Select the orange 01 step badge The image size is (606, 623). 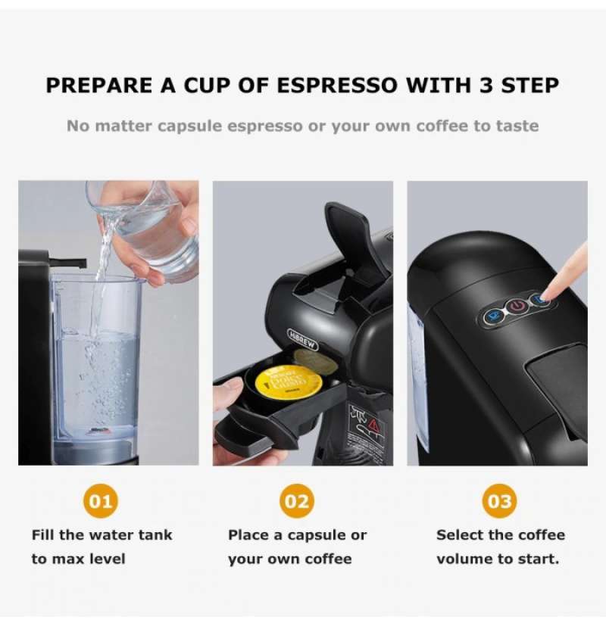click(x=100, y=501)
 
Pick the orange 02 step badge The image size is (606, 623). click(x=297, y=501)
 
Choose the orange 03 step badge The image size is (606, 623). click(x=499, y=501)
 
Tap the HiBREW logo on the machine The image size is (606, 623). click(x=304, y=343)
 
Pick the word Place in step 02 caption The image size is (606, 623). click(x=248, y=535)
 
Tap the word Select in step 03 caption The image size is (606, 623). click(x=459, y=535)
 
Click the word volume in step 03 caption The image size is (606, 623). click(x=464, y=559)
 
